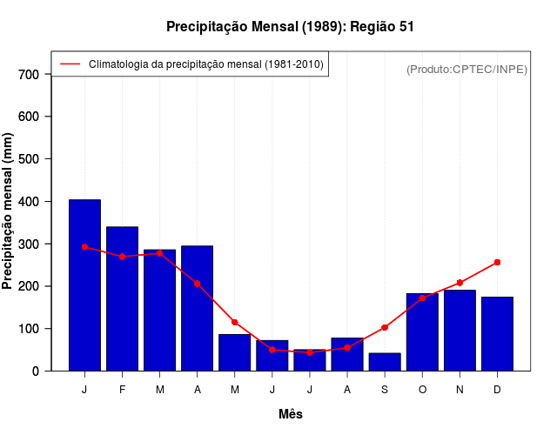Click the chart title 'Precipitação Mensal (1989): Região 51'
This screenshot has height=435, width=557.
[290, 27]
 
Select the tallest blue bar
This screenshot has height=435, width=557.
[84, 285]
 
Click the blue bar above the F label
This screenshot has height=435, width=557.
[122, 298]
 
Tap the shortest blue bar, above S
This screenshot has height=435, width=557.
[385, 362]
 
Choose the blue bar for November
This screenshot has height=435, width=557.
[460, 331]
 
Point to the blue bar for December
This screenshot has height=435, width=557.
[497, 334]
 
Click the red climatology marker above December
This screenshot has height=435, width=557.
[497, 262]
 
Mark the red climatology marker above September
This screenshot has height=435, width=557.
[385, 327]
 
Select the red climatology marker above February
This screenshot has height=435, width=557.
[122, 257]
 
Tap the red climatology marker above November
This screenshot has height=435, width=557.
[460, 283]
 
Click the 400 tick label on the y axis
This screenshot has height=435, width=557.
[29, 202]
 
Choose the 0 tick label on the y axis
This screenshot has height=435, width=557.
[35, 371]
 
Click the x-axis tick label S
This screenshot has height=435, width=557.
[385, 390]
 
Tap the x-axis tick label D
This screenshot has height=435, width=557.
[497, 390]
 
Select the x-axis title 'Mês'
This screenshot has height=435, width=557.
[291, 414]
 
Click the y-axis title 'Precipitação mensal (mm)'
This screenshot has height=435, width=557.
[9, 211]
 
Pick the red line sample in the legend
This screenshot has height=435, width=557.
[70, 64]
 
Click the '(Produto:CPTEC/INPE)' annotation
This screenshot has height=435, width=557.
[466, 69]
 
